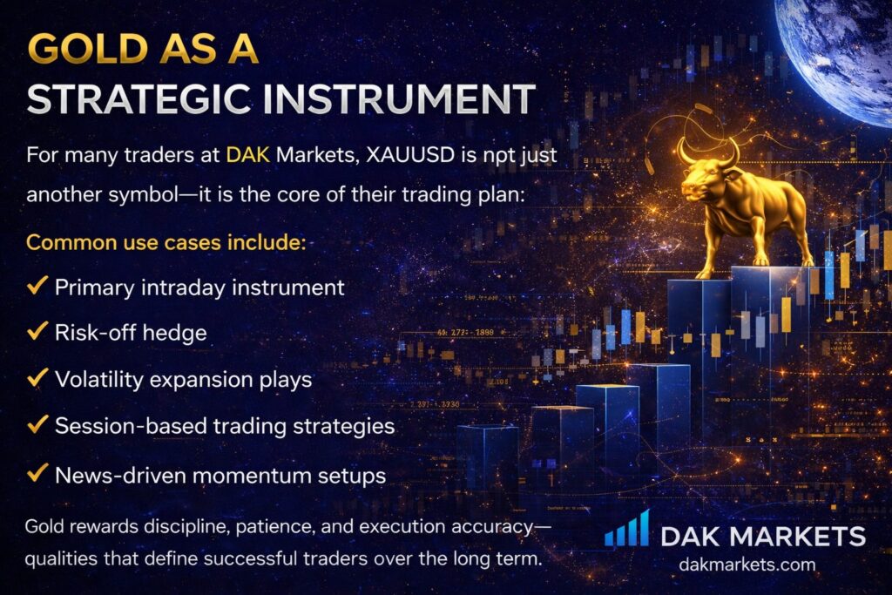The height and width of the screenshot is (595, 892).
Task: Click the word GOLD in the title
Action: click(88, 49)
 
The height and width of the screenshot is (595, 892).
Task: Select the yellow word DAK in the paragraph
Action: click(248, 155)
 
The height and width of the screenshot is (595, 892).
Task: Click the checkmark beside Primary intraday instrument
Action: click(37, 286)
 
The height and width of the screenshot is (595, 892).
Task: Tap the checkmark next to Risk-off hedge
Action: click(37, 331)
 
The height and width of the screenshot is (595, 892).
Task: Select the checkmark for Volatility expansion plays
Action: click(37, 378)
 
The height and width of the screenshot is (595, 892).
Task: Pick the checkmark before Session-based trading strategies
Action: click(37, 424)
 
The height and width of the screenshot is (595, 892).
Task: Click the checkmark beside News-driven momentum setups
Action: click(37, 473)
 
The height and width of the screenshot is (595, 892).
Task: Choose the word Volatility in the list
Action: click(99, 380)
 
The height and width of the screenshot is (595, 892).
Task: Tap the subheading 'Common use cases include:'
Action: click(166, 243)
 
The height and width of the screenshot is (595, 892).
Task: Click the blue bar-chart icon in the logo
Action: click(626, 529)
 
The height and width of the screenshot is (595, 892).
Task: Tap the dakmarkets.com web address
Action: click(747, 565)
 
